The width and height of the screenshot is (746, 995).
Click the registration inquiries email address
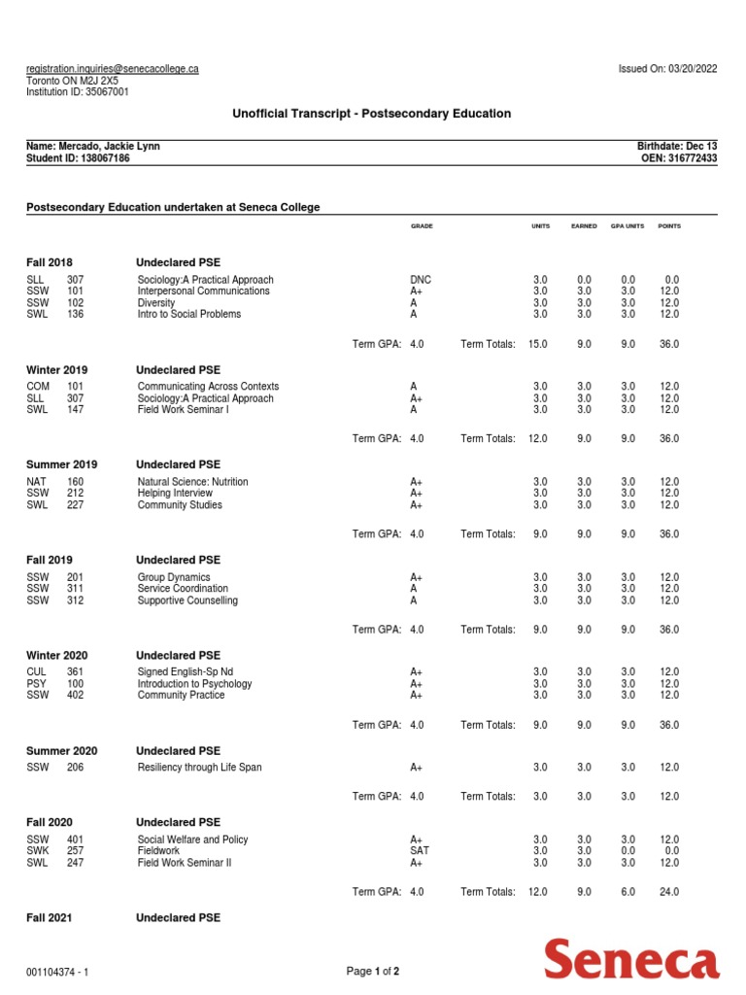pyautogui.click(x=113, y=69)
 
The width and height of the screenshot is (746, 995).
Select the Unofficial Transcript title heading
pyautogui.click(x=371, y=114)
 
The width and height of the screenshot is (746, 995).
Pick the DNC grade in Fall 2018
pyautogui.click(x=421, y=280)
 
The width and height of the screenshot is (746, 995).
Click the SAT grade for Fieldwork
pyautogui.click(x=419, y=851)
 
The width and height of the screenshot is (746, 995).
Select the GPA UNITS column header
pyautogui.click(x=627, y=226)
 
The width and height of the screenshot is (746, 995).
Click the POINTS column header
pyautogui.click(x=669, y=226)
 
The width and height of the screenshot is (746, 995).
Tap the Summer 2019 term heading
pyautogui.click(x=61, y=464)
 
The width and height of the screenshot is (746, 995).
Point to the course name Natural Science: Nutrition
pyautogui.click(x=192, y=482)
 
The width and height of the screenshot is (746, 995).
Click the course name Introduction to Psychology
pyautogui.click(x=194, y=684)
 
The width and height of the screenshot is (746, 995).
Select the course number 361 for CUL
pyautogui.click(x=75, y=672)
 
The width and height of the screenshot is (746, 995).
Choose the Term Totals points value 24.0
pyautogui.click(x=669, y=892)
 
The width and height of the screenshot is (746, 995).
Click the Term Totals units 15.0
pyautogui.click(x=537, y=343)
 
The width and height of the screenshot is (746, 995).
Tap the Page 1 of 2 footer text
pyautogui.click(x=373, y=971)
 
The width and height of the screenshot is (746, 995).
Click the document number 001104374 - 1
pyautogui.click(x=58, y=971)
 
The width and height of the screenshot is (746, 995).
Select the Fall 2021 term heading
pyautogui.click(x=49, y=917)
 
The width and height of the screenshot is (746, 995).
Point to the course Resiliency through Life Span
pyautogui.click(x=199, y=768)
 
